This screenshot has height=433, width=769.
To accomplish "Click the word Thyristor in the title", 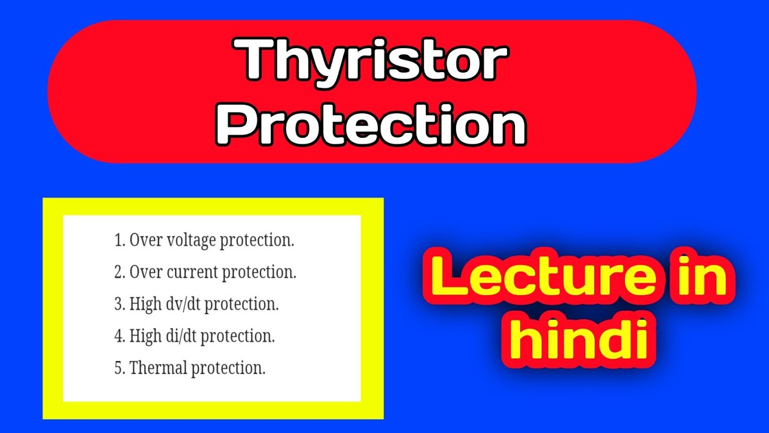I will coord(372,61).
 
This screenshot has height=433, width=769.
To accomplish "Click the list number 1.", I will coord(118,241).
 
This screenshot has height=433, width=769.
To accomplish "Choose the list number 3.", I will coord(118,304).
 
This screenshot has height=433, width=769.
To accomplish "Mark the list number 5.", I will coord(118,367).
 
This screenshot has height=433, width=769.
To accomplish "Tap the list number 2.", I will coord(118,272).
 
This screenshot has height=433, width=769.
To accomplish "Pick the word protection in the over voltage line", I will coord(257,241).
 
